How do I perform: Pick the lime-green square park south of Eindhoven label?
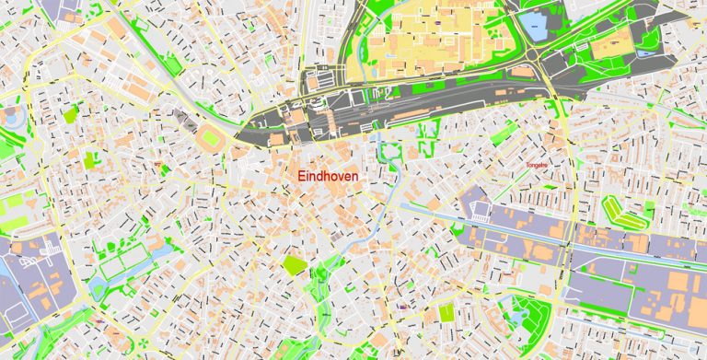295,266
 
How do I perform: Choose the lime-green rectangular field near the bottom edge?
446,314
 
